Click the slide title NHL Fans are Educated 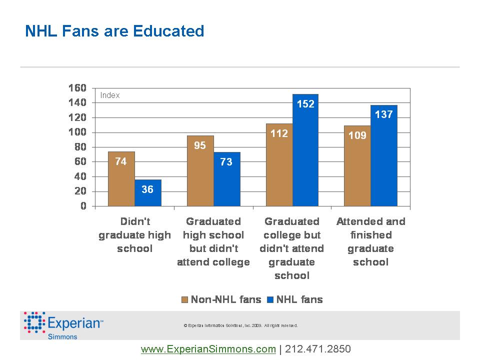tap(114, 31)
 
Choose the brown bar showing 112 tap(279, 165)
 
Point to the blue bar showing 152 tap(305, 150)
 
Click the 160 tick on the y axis tap(77, 88)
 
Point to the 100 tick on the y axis tap(77, 132)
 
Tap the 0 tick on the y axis tap(83, 206)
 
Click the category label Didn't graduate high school tap(134, 235)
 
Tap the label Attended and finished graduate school tap(370, 241)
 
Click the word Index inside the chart tap(110, 95)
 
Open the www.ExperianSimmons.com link tap(208, 349)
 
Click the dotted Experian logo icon tap(34, 322)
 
